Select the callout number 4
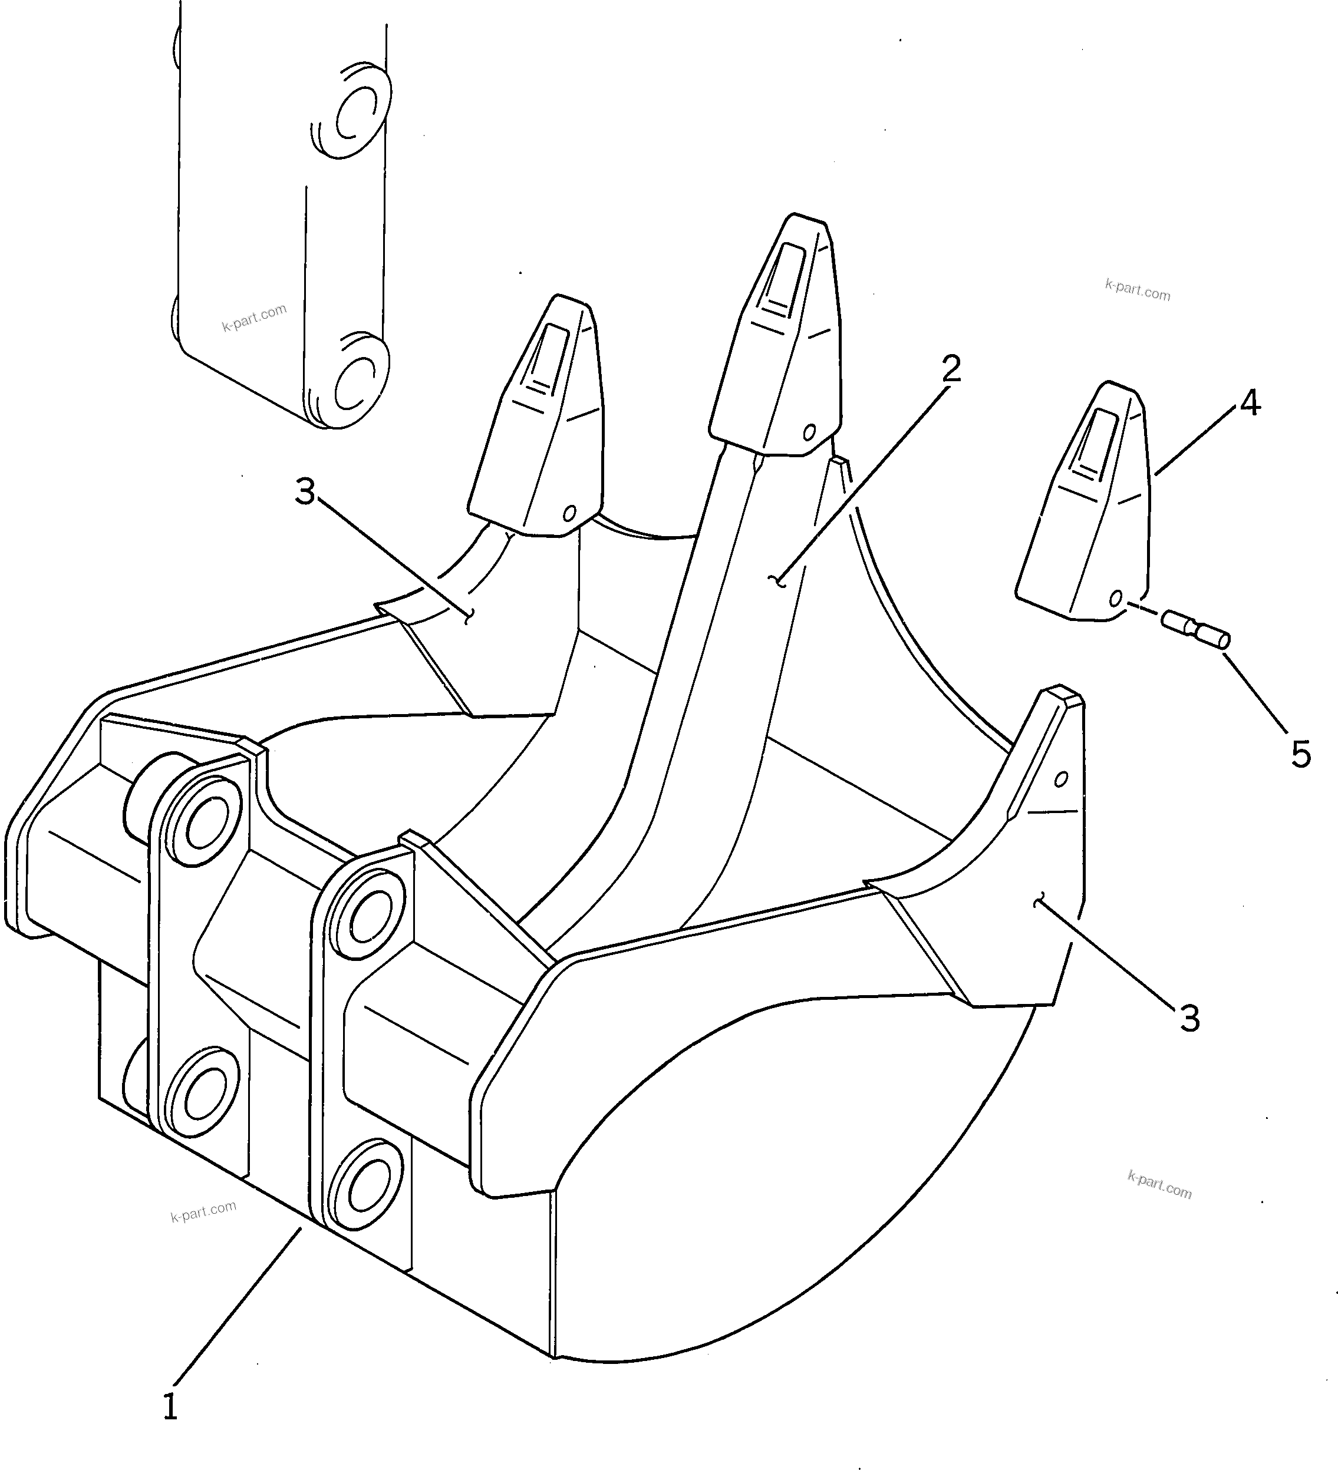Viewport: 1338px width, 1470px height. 1249,402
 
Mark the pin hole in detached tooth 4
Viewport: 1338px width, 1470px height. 1115,599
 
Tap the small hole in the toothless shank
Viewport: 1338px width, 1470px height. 1062,779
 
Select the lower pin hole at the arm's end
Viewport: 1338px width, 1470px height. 356,383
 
